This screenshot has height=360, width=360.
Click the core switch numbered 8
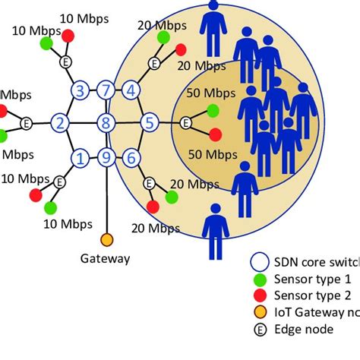click(107, 122)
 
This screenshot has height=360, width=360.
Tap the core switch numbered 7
click(107, 90)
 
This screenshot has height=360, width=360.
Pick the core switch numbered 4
click(132, 90)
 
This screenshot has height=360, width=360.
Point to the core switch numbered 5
click(150, 122)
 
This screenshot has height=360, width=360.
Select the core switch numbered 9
click(107, 158)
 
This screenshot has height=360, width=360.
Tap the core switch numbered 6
click(131, 158)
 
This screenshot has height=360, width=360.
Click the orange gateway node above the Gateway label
click(107, 240)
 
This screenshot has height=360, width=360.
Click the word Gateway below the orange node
click(105, 258)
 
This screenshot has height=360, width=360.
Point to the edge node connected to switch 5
click(186, 122)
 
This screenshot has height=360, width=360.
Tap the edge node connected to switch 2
click(27, 122)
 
